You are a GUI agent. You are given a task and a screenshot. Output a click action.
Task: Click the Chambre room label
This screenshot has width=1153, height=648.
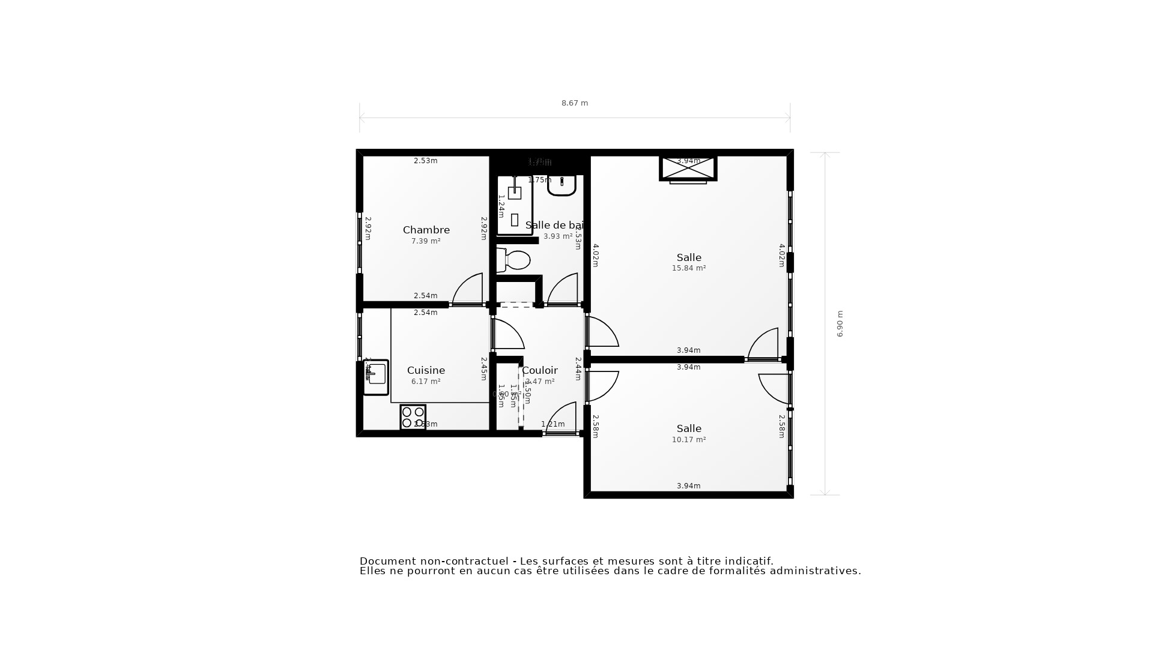coord(426,230)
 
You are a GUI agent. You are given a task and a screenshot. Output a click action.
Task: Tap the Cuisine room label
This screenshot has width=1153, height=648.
coord(426,370)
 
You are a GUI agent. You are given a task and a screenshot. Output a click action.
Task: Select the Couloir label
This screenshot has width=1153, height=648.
coord(540,370)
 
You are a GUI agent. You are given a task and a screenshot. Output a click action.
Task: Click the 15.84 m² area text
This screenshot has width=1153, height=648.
coord(689,268)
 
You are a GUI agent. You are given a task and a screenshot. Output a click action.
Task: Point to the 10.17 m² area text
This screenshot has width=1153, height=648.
coord(689,440)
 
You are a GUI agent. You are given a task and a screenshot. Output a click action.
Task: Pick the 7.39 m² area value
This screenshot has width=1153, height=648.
coord(426,241)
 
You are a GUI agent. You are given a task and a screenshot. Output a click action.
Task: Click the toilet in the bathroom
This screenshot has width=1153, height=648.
coord(514,260)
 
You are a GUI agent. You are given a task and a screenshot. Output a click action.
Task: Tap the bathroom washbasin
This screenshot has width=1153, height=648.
coord(561,185)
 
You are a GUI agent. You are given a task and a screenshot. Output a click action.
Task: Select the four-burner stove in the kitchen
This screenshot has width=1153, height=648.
coord(413,417)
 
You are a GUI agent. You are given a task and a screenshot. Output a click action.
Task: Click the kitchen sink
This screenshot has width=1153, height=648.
coord(376,377)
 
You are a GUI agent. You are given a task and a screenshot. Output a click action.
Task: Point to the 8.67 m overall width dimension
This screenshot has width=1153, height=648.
coord(575,103)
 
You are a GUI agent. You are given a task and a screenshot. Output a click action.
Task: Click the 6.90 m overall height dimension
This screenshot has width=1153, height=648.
coord(840,324)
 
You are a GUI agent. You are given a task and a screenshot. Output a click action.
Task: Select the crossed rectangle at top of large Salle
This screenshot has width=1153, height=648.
coord(688,168)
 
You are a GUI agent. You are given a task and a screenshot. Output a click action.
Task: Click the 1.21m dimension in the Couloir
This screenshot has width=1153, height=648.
coord(552,424)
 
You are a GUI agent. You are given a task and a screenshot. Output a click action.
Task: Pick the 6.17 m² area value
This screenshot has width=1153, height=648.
coord(426,382)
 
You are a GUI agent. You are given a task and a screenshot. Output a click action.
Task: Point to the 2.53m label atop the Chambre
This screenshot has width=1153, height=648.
coord(426,161)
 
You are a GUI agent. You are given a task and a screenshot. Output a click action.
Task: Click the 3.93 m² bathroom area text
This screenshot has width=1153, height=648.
coord(558,236)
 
